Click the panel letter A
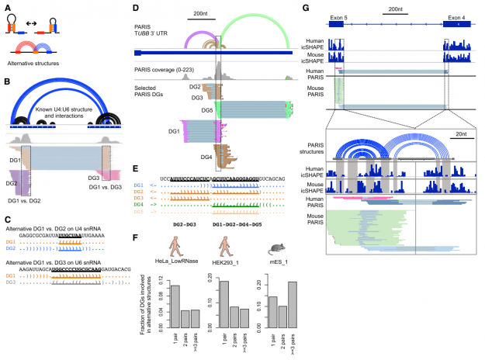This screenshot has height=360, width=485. (6, 6)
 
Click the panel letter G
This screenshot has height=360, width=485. (307, 6)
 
